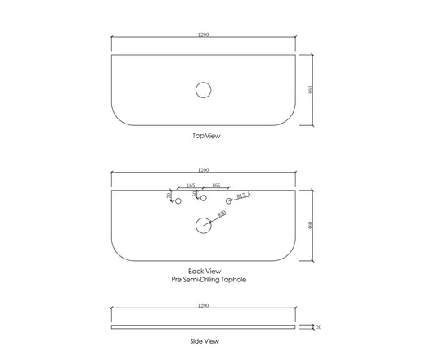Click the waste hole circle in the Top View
point(203,83)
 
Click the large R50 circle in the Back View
point(203,218)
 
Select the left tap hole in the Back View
point(178,198)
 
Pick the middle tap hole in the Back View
point(203,195)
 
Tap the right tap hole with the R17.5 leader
point(228,198)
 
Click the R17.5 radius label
point(244,196)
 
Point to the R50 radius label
point(222,214)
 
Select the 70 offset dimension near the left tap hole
point(169,195)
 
